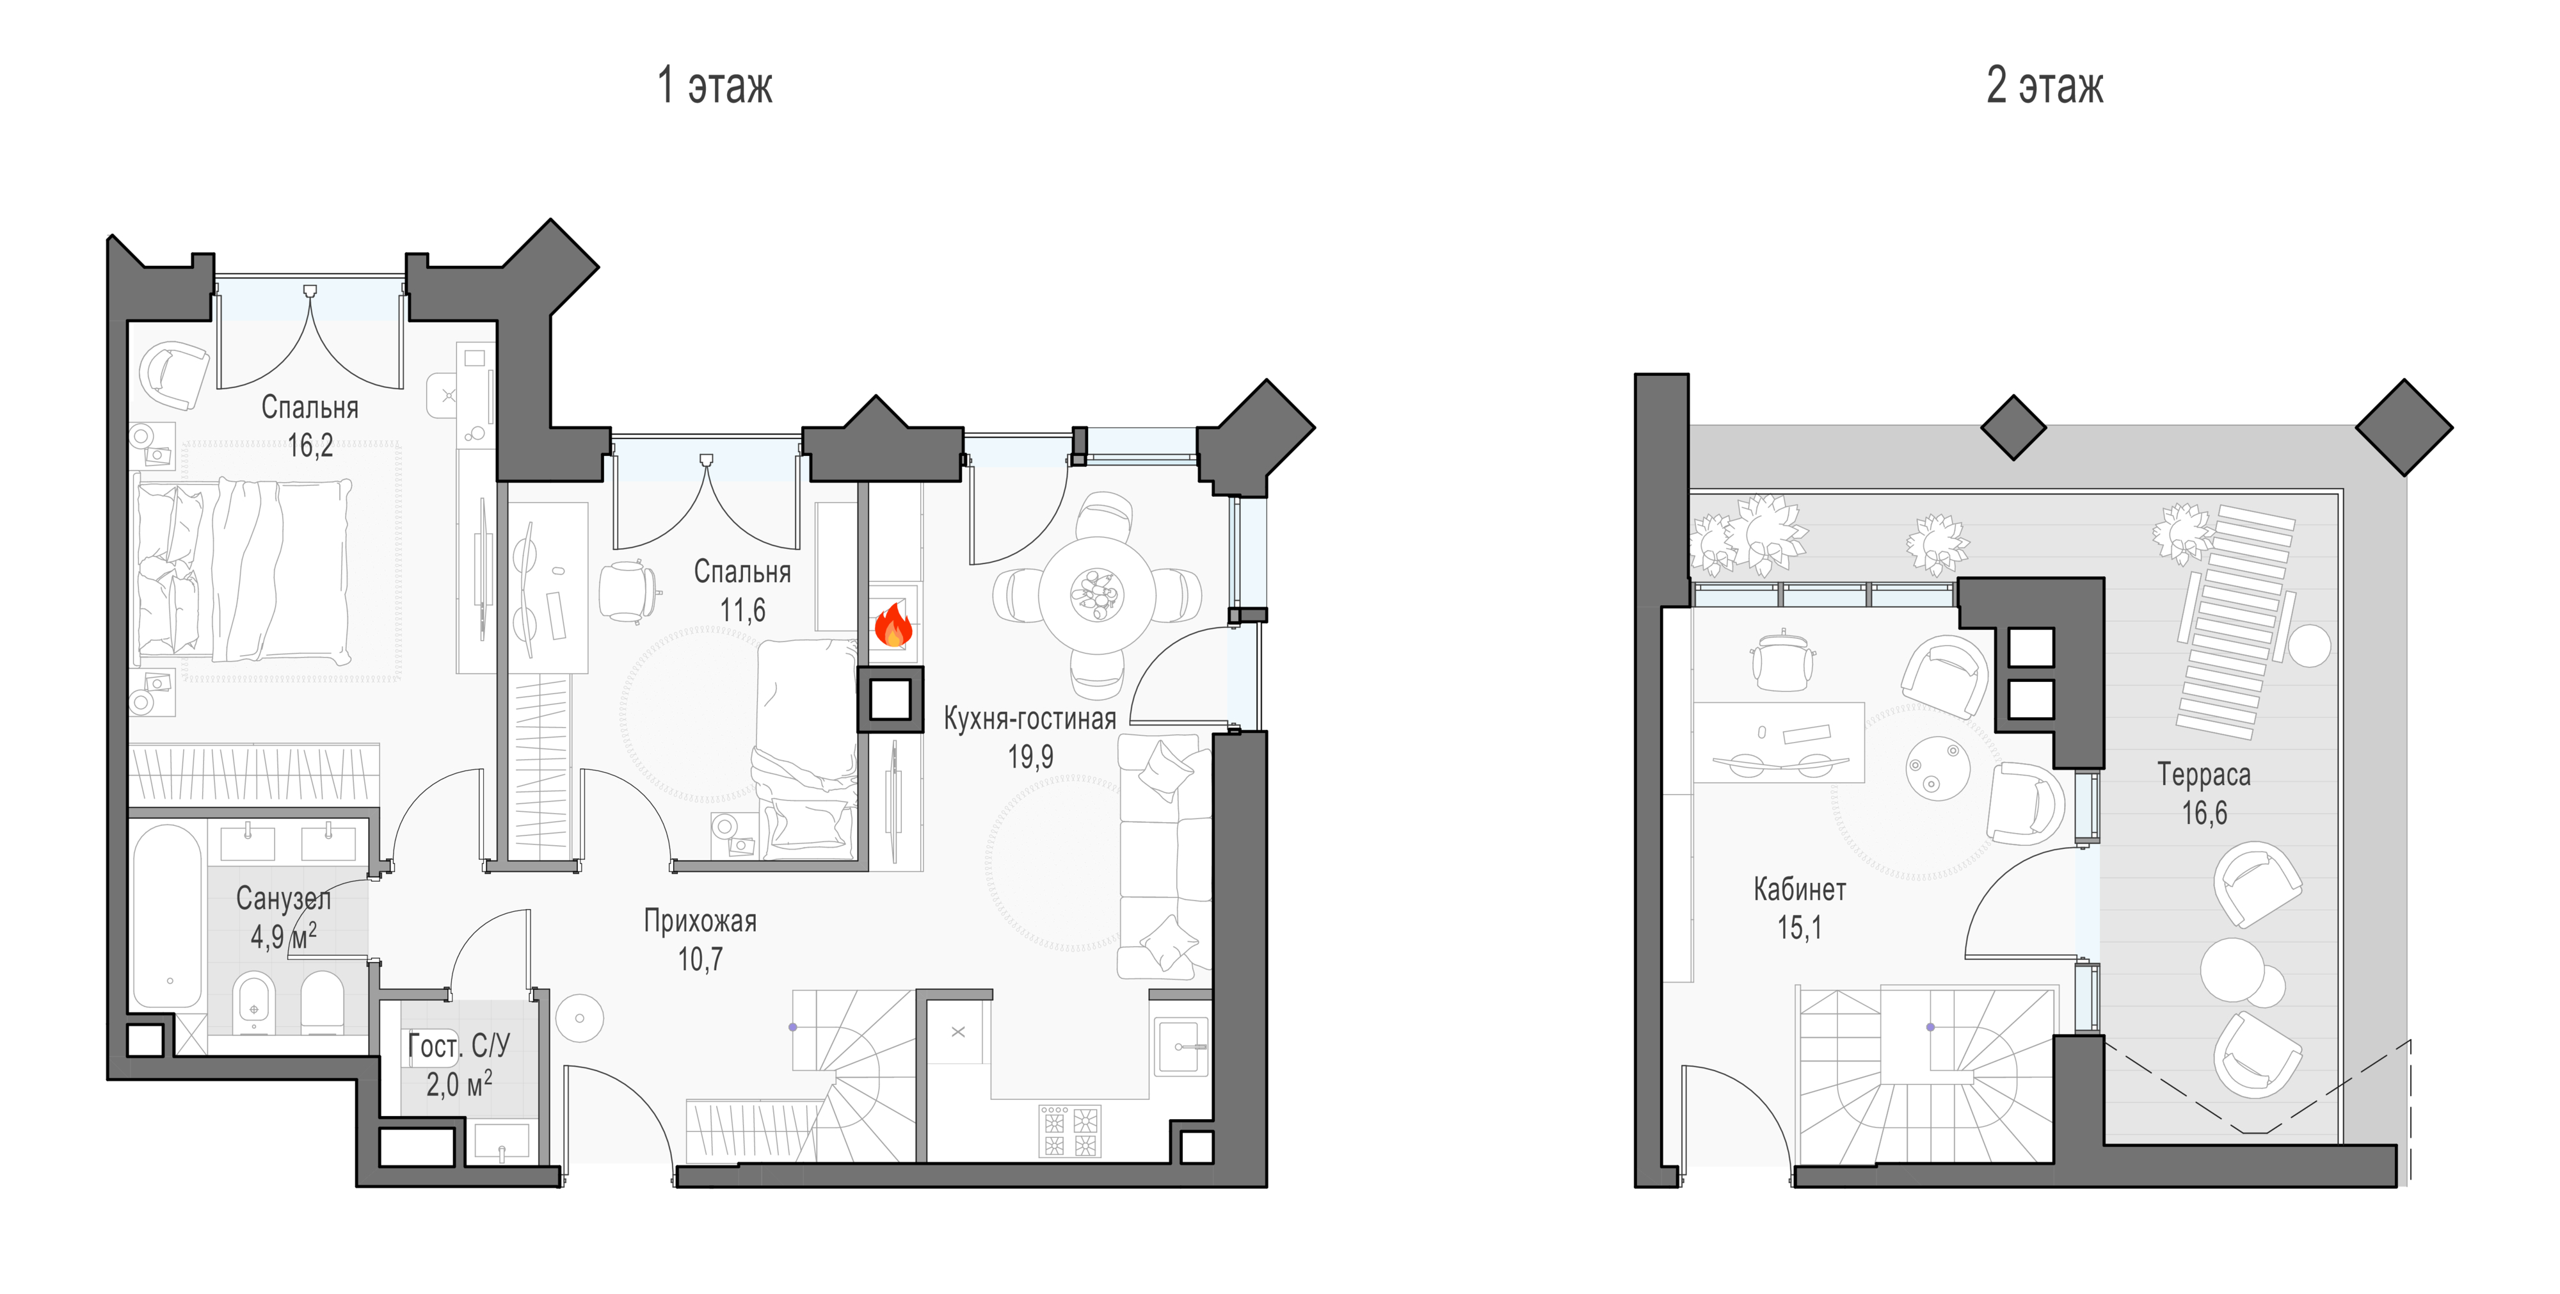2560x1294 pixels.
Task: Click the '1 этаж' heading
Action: [x=714, y=85]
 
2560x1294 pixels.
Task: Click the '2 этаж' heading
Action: [x=2044, y=85]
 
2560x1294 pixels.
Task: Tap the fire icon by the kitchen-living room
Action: [x=892, y=624]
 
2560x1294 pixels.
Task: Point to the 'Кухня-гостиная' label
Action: [x=1030, y=718]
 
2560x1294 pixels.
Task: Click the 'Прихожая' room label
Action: [x=701, y=921]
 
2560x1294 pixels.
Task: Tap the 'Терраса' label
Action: [x=2204, y=774]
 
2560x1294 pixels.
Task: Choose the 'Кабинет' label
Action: [x=1800, y=889]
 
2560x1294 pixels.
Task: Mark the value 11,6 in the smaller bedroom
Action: [x=742, y=610]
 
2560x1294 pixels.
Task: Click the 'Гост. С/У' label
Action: [x=458, y=1046]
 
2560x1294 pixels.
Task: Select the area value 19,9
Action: [x=1030, y=757]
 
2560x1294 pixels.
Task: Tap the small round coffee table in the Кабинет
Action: [x=1938, y=766]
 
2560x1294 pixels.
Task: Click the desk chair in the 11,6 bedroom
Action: [x=628, y=592]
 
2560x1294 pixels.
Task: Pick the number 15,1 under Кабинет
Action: [x=1800, y=928]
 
